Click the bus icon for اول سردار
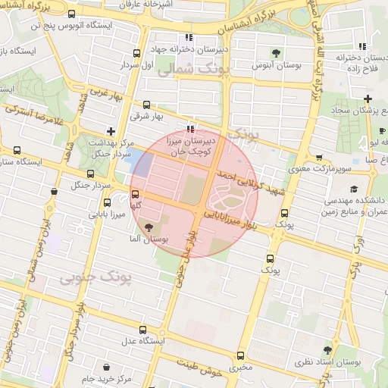pyautogui.click(x=136, y=53)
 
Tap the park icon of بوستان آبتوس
pyautogui.click(x=275, y=53)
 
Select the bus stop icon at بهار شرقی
pyautogui.click(x=146, y=105)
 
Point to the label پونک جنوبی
pyautogui.click(x=97, y=279)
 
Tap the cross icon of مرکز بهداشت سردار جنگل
pyautogui.click(x=111, y=131)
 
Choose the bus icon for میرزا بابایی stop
pyautogui.click(x=106, y=202)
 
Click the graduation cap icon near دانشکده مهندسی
pyautogui.click(x=353, y=189)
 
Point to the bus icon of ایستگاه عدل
pyautogui.click(x=145, y=330)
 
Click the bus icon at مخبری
pyautogui.click(x=241, y=355)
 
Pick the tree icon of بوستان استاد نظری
pyautogui.click(x=327, y=350)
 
